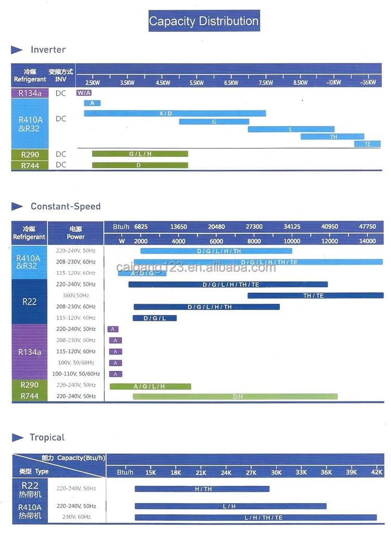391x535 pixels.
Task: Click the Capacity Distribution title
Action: click(x=204, y=21)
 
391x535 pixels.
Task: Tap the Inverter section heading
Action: click(x=48, y=49)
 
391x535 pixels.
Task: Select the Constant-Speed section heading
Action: click(x=65, y=206)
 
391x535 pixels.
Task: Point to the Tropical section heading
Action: click(x=47, y=438)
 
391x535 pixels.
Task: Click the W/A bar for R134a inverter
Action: click(x=84, y=93)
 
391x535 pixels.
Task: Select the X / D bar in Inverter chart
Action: click(x=175, y=114)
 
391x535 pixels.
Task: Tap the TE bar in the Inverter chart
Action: click(x=368, y=144)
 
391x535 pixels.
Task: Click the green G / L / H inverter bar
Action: click(x=140, y=154)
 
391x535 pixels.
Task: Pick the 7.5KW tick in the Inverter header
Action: click(x=265, y=83)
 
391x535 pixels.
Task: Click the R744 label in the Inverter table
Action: click(x=30, y=165)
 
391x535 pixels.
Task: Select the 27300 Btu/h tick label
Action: click(x=254, y=227)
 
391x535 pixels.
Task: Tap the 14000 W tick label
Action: click(x=368, y=241)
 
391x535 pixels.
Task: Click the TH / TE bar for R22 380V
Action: click(x=313, y=296)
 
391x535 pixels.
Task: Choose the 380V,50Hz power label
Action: click(x=76, y=295)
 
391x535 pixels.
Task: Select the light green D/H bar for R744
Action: click(x=235, y=396)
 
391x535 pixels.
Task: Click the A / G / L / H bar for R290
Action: click(x=150, y=387)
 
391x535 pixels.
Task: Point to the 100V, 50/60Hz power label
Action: click(x=76, y=363)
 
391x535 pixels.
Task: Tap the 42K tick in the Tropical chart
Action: click(x=377, y=472)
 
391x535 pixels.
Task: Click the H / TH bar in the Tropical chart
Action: click(x=202, y=489)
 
